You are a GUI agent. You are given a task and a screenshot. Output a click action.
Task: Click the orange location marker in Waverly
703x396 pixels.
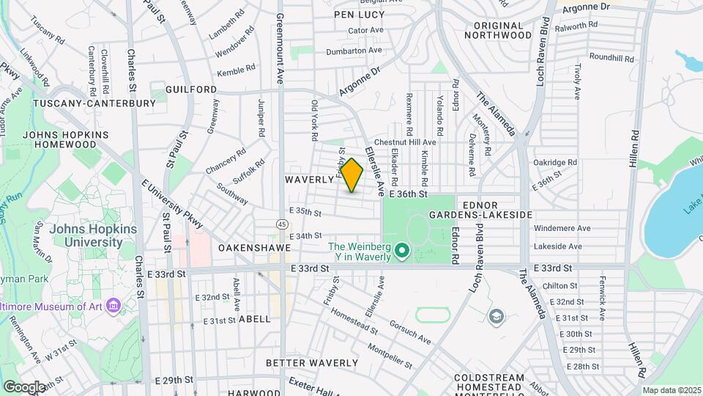352,175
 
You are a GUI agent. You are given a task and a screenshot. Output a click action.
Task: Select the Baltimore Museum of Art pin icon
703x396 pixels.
112,304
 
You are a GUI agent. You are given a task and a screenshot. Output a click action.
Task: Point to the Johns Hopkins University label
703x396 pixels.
86,235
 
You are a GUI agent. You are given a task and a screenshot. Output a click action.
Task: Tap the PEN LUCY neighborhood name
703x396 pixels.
359,15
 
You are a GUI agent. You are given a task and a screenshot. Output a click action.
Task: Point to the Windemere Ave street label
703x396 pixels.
562,228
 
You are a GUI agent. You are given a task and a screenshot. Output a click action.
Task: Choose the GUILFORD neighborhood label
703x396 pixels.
191,89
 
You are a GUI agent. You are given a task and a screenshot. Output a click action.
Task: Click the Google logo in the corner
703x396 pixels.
24,386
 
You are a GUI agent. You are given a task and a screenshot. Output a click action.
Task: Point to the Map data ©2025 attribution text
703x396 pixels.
670,390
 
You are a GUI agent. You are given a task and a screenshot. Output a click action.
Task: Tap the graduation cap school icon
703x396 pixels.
496,316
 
